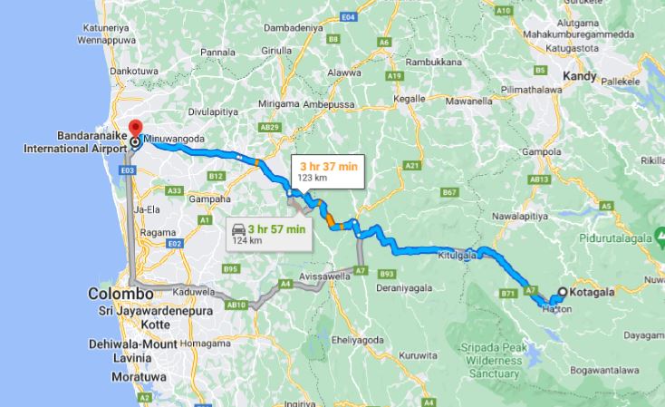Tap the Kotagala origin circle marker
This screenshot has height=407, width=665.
pyautogui.click(x=563, y=292)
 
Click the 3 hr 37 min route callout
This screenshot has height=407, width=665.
pyautogui.click(x=325, y=170)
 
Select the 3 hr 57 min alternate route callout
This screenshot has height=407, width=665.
pyautogui.click(x=269, y=233)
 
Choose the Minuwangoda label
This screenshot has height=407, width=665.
pyautogui.click(x=180, y=138)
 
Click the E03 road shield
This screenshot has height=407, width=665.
pyautogui.click(x=127, y=170)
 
